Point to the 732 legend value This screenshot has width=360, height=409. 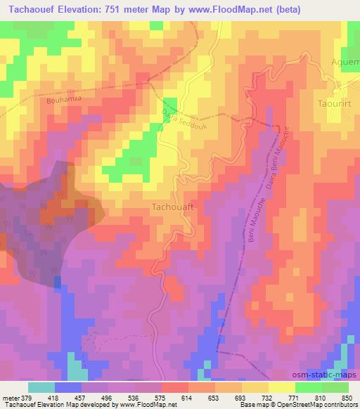(267, 396)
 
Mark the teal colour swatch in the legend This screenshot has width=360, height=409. (41, 387)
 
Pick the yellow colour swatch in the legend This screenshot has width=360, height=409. (281, 387)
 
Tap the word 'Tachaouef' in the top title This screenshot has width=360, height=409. (32, 9)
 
